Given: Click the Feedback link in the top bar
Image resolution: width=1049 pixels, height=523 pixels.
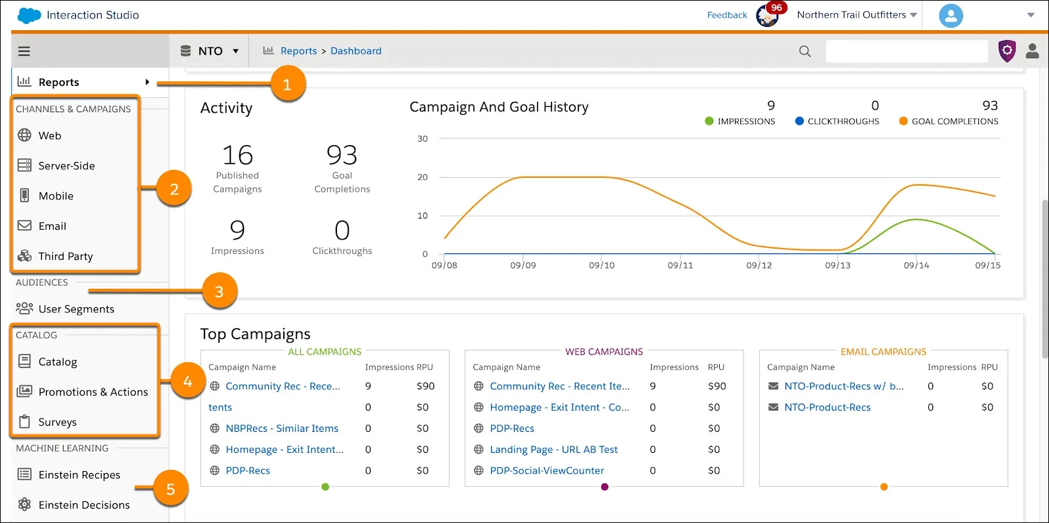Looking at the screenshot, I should pyautogui.click(x=726, y=15).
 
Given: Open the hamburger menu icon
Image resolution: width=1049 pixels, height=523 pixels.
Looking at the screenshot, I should pyautogui.click(x=24, y=51).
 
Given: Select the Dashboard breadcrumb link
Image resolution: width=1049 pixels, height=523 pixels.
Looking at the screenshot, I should pyautogui.click(x=355, y=51).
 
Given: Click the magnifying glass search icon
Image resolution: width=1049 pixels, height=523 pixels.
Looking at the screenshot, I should pyautogui.click(x=805, y=51).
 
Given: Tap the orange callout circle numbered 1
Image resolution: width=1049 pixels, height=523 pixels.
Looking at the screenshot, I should pyautogui.click(x=287, y=85).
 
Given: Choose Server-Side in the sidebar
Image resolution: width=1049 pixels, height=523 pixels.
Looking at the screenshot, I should pyautogui.click(x=66, y=166).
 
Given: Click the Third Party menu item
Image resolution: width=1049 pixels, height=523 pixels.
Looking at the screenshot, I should pyautogui.click(x=66, y=257).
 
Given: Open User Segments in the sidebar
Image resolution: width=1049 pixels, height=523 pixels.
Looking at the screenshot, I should pyautogui.click(x=76, y=309).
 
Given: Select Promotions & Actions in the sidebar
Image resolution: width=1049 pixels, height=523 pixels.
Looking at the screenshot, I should pyautogui.click(x=93, y=392).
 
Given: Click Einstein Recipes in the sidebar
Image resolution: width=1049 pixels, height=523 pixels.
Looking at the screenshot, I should pyautogui.click(x=79, y=475).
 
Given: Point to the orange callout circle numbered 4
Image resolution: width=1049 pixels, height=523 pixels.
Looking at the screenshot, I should pyautogui.click(x=188, y=381).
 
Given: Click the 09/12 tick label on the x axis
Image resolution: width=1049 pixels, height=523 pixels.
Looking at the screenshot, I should pyautogui.click(x=759, y=266).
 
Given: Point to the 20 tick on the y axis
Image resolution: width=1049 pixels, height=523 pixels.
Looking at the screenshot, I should pyautogui.click(x=422, y=177).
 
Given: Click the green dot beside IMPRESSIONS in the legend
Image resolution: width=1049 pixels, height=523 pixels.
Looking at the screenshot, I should pyautogui.click(x=709, y=121).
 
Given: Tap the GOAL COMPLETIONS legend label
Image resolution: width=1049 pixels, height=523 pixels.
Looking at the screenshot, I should pyautogui.click(x=955, y=121).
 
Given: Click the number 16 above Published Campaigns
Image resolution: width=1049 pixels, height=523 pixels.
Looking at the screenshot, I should pyautogui.click(x=237, y=156).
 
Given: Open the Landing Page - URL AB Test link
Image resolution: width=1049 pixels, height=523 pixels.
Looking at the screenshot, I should pyautogui.click(x=553, y=450).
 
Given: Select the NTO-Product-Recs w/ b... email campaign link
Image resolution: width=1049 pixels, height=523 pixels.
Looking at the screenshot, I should pyautogui.click(x=844, y=387).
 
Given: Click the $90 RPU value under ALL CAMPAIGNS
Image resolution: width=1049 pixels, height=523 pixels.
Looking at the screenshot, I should pyautogui.click(x=426, y=387).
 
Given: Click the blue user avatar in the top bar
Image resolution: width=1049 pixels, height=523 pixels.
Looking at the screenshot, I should pyautogui.click(x=951, y=15).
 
